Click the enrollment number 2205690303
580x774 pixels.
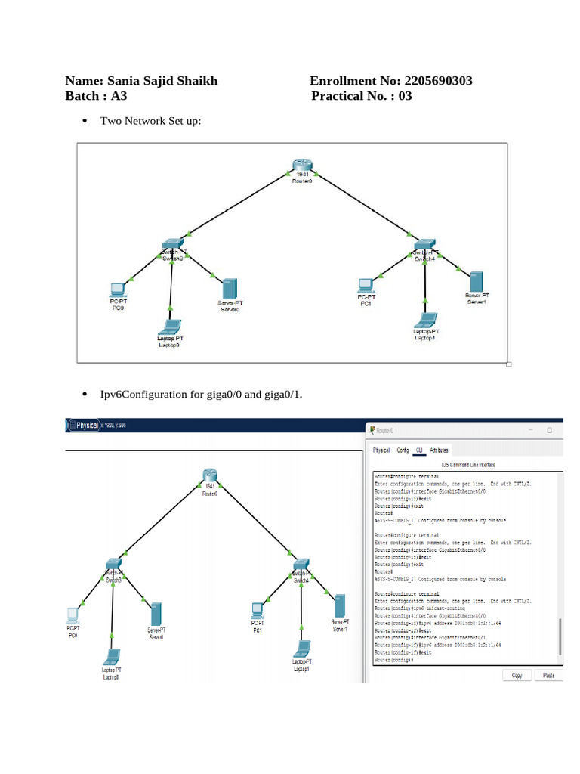439,81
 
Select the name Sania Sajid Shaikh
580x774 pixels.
162,81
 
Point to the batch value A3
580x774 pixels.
119,96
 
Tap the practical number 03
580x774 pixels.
405,96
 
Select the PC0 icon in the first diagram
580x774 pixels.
117,289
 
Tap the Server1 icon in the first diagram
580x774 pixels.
477,281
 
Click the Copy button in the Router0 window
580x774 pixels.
517,675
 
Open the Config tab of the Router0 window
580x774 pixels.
403,450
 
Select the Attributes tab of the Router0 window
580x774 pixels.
439,450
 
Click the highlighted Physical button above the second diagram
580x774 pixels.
86,426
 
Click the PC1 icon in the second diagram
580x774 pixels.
257,609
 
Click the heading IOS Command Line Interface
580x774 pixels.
467,464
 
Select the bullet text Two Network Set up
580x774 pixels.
150,120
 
